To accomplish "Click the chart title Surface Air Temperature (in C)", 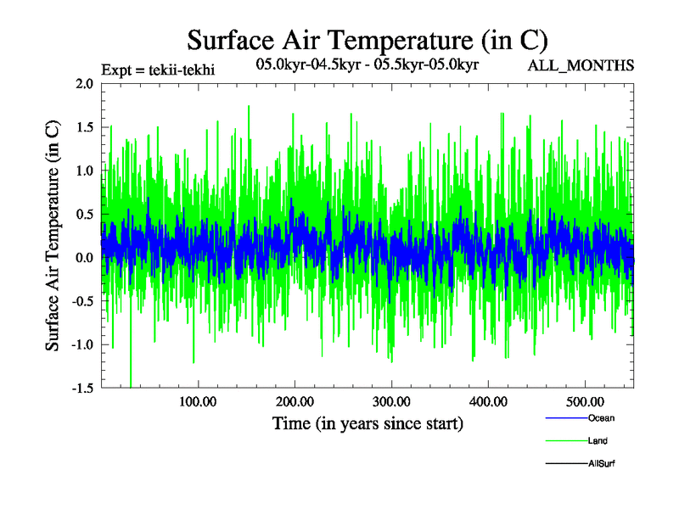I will coord(368,39).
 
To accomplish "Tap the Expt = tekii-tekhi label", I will coord(158,70).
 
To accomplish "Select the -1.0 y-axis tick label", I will coord(82,344).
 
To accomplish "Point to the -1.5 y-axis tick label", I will coord(82,388).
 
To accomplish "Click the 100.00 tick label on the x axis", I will coord(198,401).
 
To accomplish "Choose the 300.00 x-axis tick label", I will coord(391,401).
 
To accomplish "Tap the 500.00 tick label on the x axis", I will coord(585,401).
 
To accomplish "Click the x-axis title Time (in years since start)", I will coord(368,423).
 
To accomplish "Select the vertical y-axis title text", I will coord(53,235).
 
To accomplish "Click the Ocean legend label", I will coord(601,418).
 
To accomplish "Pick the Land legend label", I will coord(598,441).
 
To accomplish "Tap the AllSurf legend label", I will coord(601,463).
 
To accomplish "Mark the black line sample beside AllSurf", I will coord(564,464).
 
